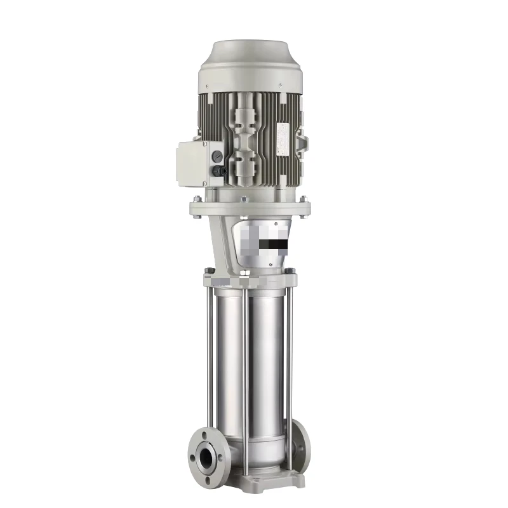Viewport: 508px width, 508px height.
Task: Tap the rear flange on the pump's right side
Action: (298, 444)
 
